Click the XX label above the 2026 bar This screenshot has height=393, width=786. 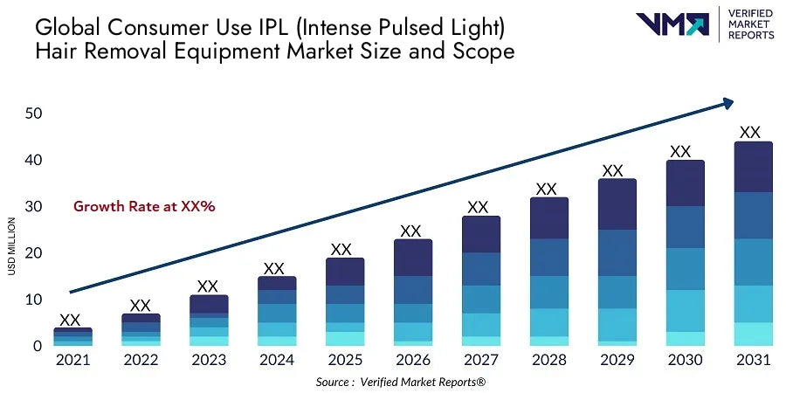pos(410,231)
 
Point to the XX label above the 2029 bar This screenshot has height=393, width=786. pos(613,170)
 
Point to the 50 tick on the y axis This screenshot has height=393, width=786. pos(34,114)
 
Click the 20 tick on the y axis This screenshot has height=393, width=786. pos(34,253)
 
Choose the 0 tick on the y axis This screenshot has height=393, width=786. pos(38,346)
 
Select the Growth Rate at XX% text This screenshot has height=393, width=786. pos(144,207)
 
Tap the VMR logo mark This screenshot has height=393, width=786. pos(672,24)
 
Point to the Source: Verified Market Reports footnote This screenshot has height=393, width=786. pos(412,382)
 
